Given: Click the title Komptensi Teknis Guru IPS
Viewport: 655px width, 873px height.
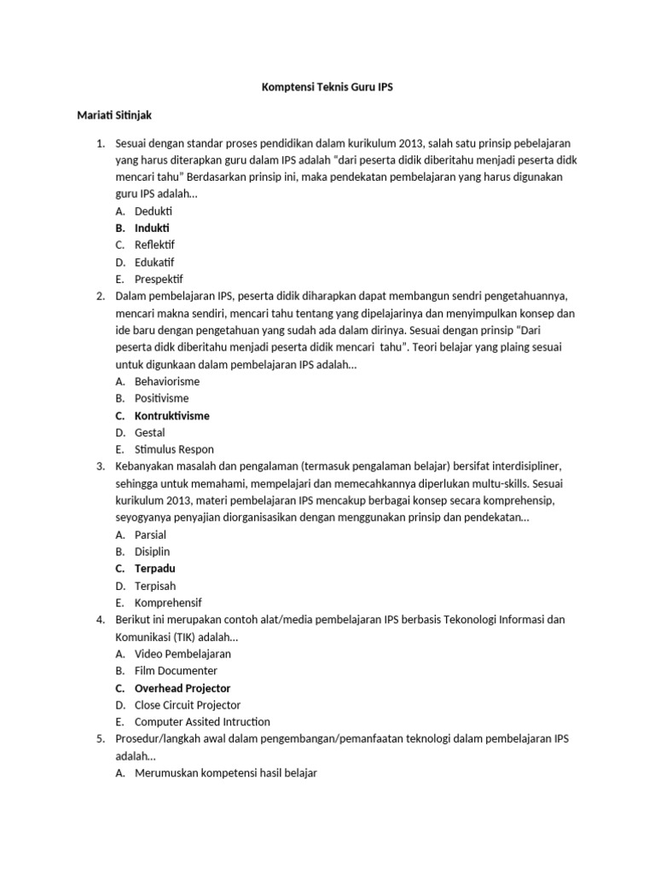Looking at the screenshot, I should (327, 88).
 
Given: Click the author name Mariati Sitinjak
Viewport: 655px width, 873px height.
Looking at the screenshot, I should (115, 114).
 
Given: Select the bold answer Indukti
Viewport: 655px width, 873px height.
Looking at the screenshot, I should (152, 228).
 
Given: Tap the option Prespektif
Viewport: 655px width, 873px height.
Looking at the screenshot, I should (159, 279).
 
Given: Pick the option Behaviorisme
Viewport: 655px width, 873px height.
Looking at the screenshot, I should (167, 381).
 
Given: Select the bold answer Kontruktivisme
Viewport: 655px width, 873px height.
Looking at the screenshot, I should (171, 415).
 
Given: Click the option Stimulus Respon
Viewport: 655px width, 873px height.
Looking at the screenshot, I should (174, 449).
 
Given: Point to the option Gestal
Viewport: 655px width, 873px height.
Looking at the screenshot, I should (150, 432).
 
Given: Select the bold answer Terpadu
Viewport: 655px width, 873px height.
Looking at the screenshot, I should (155, 569).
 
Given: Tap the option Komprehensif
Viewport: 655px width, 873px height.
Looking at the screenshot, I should (168, 603).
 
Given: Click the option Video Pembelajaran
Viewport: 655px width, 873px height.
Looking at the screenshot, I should (183, 654).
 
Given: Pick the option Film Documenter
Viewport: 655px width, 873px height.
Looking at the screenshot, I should (175, 671).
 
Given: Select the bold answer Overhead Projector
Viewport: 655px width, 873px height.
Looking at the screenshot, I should (183, 688).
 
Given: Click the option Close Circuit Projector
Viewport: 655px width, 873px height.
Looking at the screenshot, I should (188, 705).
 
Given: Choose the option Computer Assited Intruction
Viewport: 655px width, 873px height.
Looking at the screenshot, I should (202, 722).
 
